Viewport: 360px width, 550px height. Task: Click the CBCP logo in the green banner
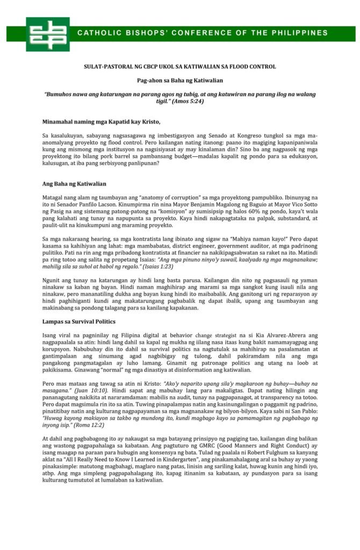click(47, 34)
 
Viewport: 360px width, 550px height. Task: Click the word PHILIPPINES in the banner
click(304, 33)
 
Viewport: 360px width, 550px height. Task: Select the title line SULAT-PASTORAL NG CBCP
click(180, 67)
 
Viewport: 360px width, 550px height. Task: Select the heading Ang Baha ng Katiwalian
click(74, 184)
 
